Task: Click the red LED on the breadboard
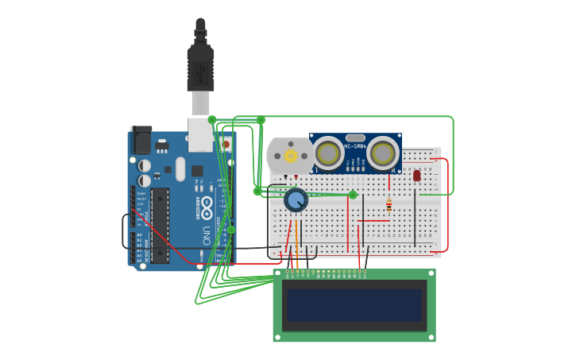coord(416,175)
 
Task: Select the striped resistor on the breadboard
coord(389,204)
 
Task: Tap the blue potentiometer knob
coord(296,199)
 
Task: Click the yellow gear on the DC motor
coord(291,156)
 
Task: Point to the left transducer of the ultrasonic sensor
coord(328,153)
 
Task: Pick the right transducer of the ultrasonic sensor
coord(382,153)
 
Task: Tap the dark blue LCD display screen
coord(354,305)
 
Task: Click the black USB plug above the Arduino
coord(200,64)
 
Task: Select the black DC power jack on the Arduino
coord(141,140)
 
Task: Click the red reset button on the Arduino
coord(225,145)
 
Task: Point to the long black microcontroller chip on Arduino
coord(160,226)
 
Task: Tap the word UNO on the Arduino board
coord(206,236)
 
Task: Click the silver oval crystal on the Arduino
coord(180,168)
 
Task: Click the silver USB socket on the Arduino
coord(201,134)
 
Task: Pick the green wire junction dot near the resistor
coord(353,195)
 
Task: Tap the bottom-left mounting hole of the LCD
coord(278,337)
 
